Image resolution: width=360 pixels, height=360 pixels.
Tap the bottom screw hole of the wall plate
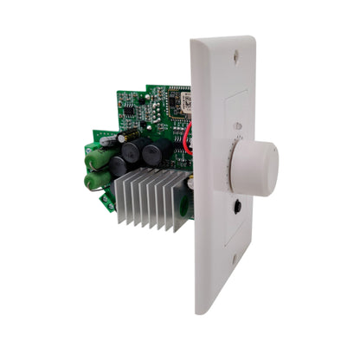pyautogui.click(x=233, y=257)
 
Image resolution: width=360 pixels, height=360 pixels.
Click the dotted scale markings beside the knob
pyautogui.click(x=226, y=165)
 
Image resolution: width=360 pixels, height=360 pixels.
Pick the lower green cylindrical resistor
pyautogui.click(x=97, y=180)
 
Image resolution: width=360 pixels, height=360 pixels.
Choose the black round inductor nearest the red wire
pyautogui.click(x=157, y=155)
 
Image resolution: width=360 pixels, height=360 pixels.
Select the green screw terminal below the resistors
pyautogui.click(x=107, y=201)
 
